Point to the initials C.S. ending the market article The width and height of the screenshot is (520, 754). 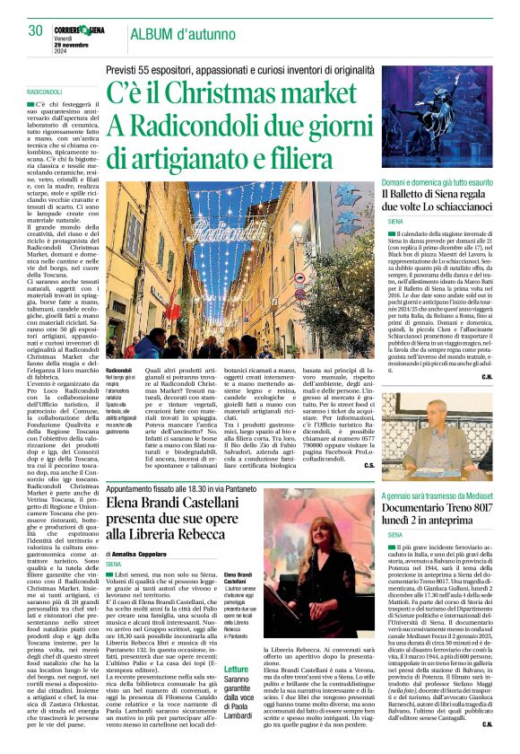[368, 466]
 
